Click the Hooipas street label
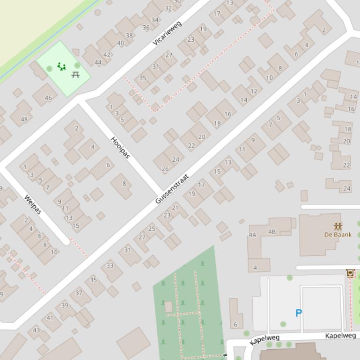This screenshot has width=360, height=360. click(120, 147)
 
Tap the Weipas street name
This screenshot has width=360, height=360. click(33, 204)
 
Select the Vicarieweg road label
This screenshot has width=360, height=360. click(167, 33)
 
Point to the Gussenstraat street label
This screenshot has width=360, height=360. click(172, 189)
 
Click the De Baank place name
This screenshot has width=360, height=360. click(338, 235)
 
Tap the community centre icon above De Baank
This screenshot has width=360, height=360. click(338, 227)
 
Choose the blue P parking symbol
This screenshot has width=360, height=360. click(298, 313)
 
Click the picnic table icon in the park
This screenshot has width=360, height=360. click(76, 74)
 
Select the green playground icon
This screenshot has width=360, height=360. click(61, 67)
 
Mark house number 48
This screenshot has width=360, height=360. click(24, 119)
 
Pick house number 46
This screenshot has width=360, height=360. click(48, 98)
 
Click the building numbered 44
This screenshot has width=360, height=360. click(98, 62)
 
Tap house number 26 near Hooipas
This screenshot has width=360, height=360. click(165, 169)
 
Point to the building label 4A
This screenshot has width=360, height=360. click(253, 235)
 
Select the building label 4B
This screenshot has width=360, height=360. click(272, 231)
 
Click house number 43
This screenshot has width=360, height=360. click(37, 330)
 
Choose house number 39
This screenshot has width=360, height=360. click(65, 305)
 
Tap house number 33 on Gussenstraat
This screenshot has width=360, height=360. click(110, 265)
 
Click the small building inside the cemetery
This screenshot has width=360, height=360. click(169, 307)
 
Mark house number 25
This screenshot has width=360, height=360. click(151, 229)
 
